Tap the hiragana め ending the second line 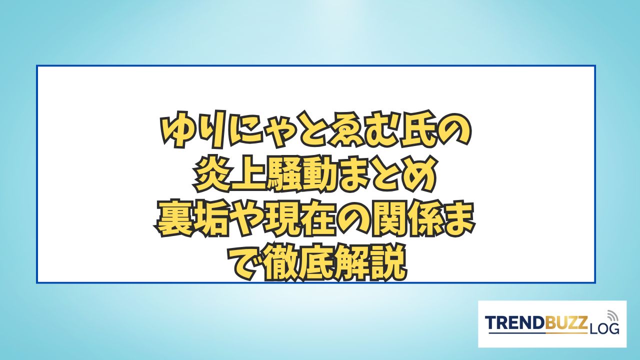pos(419,174)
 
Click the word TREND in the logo pos(512,322)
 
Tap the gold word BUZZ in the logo pos(563,322)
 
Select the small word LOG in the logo pos(603,328)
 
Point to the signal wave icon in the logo pos(611,315)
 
